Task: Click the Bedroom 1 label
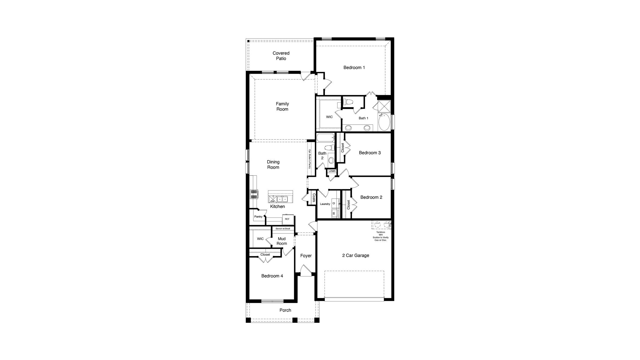354,67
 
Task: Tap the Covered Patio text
281,56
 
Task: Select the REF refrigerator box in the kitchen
287,219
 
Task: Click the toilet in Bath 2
329,148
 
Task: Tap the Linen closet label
332,171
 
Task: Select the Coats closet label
314,198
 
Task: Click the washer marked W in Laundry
334,213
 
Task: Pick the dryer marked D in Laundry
334,203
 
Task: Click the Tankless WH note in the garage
380,236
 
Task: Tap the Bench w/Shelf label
283,229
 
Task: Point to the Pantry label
258,217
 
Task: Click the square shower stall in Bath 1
384,106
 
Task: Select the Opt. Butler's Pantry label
309,159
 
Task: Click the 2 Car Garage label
355,255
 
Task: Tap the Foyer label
306,256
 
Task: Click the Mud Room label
282,241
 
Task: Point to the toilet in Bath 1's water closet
348,102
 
